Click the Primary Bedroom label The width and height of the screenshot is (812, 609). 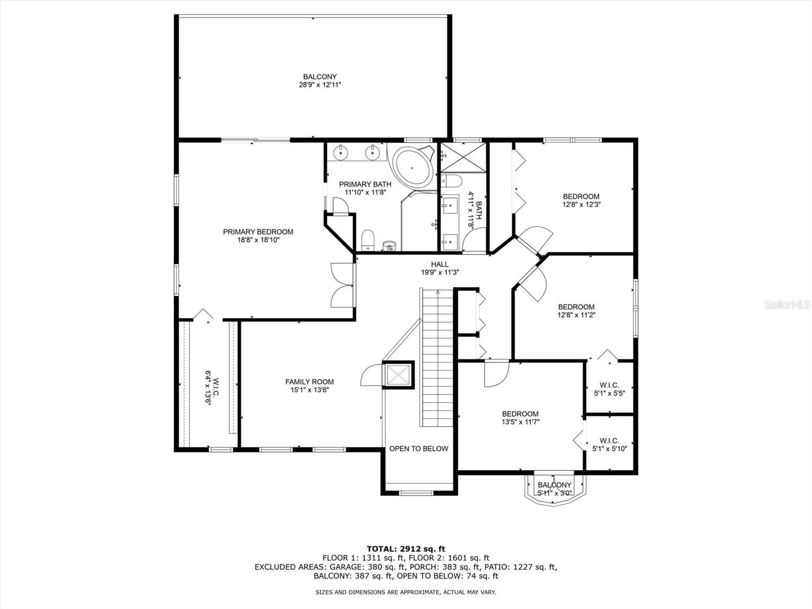pos(258,232)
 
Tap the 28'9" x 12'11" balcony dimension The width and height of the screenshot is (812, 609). pos(320,85)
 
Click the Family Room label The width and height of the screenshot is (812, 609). pos(309,381)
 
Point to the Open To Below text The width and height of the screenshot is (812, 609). pos(418,448)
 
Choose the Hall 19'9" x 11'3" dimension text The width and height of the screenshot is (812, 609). pos(440,272)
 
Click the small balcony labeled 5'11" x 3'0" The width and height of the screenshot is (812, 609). pos(554,488)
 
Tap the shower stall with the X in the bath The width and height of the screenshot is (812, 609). pos(463,158)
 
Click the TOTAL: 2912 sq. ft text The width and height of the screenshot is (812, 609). pos(406,549)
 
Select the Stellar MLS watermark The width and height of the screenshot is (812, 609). pos(786,305)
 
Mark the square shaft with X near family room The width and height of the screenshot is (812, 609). pos(398,375)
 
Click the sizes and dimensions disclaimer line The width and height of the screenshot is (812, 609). pos(405,592)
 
